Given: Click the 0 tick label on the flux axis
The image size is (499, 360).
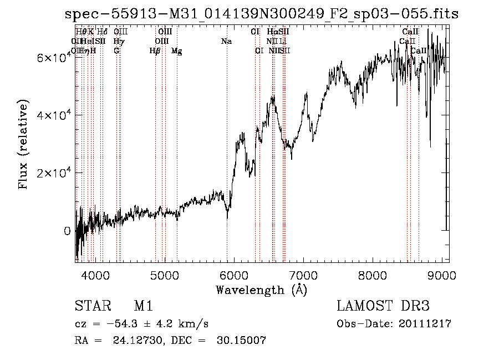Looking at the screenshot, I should click(x=67, y=231).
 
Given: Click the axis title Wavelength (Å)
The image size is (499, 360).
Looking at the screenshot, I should click(x=261, y=290).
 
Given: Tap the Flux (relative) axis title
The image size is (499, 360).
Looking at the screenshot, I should click(x=23, y=145).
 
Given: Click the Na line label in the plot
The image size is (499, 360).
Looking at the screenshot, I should click(x=226, y=42).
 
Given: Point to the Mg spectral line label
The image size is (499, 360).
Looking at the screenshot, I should click(x=177, y=51).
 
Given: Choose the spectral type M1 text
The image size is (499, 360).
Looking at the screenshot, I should click(x=143, y=306).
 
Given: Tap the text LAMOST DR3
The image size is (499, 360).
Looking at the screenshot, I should click(x=383, y=306).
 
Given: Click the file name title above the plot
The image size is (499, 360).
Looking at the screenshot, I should click(x=261, y=13).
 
